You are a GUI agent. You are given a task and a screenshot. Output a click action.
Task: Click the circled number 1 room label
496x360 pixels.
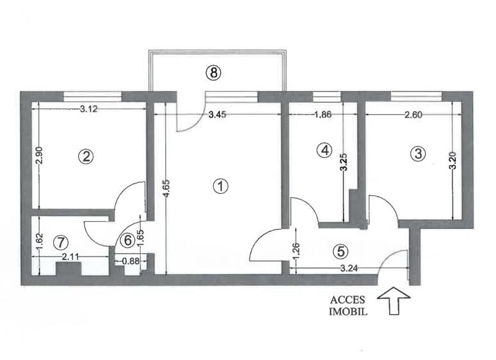click(220, 187)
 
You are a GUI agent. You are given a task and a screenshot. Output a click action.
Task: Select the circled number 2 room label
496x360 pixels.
click(84, 155)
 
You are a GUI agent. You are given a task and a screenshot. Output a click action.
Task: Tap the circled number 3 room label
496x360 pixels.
click(418, 153)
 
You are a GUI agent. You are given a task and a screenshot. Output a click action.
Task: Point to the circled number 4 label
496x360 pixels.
click(325, 150)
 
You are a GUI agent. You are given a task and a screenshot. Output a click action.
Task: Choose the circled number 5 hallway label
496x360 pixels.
click(339, 250)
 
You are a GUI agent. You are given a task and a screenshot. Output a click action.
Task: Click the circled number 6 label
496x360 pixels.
click(127, 241)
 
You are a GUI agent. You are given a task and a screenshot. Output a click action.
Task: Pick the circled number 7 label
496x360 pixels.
click(60, 242)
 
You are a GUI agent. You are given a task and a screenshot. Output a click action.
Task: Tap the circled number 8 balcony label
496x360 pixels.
click(214, 73)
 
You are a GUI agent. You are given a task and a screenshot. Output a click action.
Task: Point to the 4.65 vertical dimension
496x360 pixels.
click(166, 191)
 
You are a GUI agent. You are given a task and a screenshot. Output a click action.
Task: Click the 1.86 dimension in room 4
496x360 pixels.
click(324, 115)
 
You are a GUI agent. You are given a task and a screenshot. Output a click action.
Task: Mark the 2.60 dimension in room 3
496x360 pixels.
click(411, 115)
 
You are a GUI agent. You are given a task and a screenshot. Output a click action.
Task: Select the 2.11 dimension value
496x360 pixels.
click(72, 257)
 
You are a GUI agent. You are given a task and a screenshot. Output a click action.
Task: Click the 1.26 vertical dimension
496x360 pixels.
click(295, 247)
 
